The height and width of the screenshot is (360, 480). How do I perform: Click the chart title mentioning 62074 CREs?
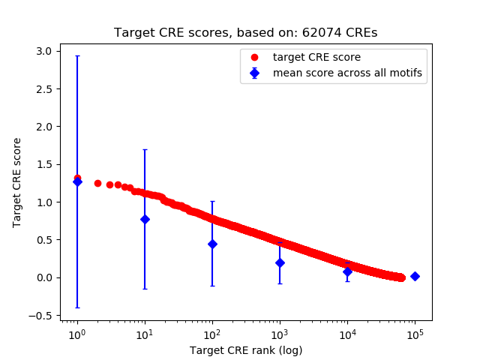[x=246, y=33]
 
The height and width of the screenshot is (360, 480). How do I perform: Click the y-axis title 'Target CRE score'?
[x=17, y=182]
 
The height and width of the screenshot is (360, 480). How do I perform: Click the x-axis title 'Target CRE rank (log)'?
[x=246, y=350]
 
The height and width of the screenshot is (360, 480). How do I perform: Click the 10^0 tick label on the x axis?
[x=76, y=334]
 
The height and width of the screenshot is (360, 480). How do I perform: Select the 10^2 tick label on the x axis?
[x=212, y=334]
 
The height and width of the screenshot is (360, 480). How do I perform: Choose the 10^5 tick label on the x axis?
[x=415, y=334]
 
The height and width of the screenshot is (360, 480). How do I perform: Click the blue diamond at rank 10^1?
[x=145, y=219]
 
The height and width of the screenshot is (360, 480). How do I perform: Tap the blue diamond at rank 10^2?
[x=212, y=244]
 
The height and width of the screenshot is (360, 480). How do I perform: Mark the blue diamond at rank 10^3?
[x=280, y=262]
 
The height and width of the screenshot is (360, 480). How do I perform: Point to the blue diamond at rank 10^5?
[x=415, y=276]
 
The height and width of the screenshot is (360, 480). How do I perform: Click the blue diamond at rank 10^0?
[x=77, y=181]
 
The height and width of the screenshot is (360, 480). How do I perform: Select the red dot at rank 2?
[x=97, y=183]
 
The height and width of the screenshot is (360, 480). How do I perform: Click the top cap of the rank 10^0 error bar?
[x=77, y=55]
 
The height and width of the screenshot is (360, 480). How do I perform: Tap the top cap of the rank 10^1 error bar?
[x=145, y=149]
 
